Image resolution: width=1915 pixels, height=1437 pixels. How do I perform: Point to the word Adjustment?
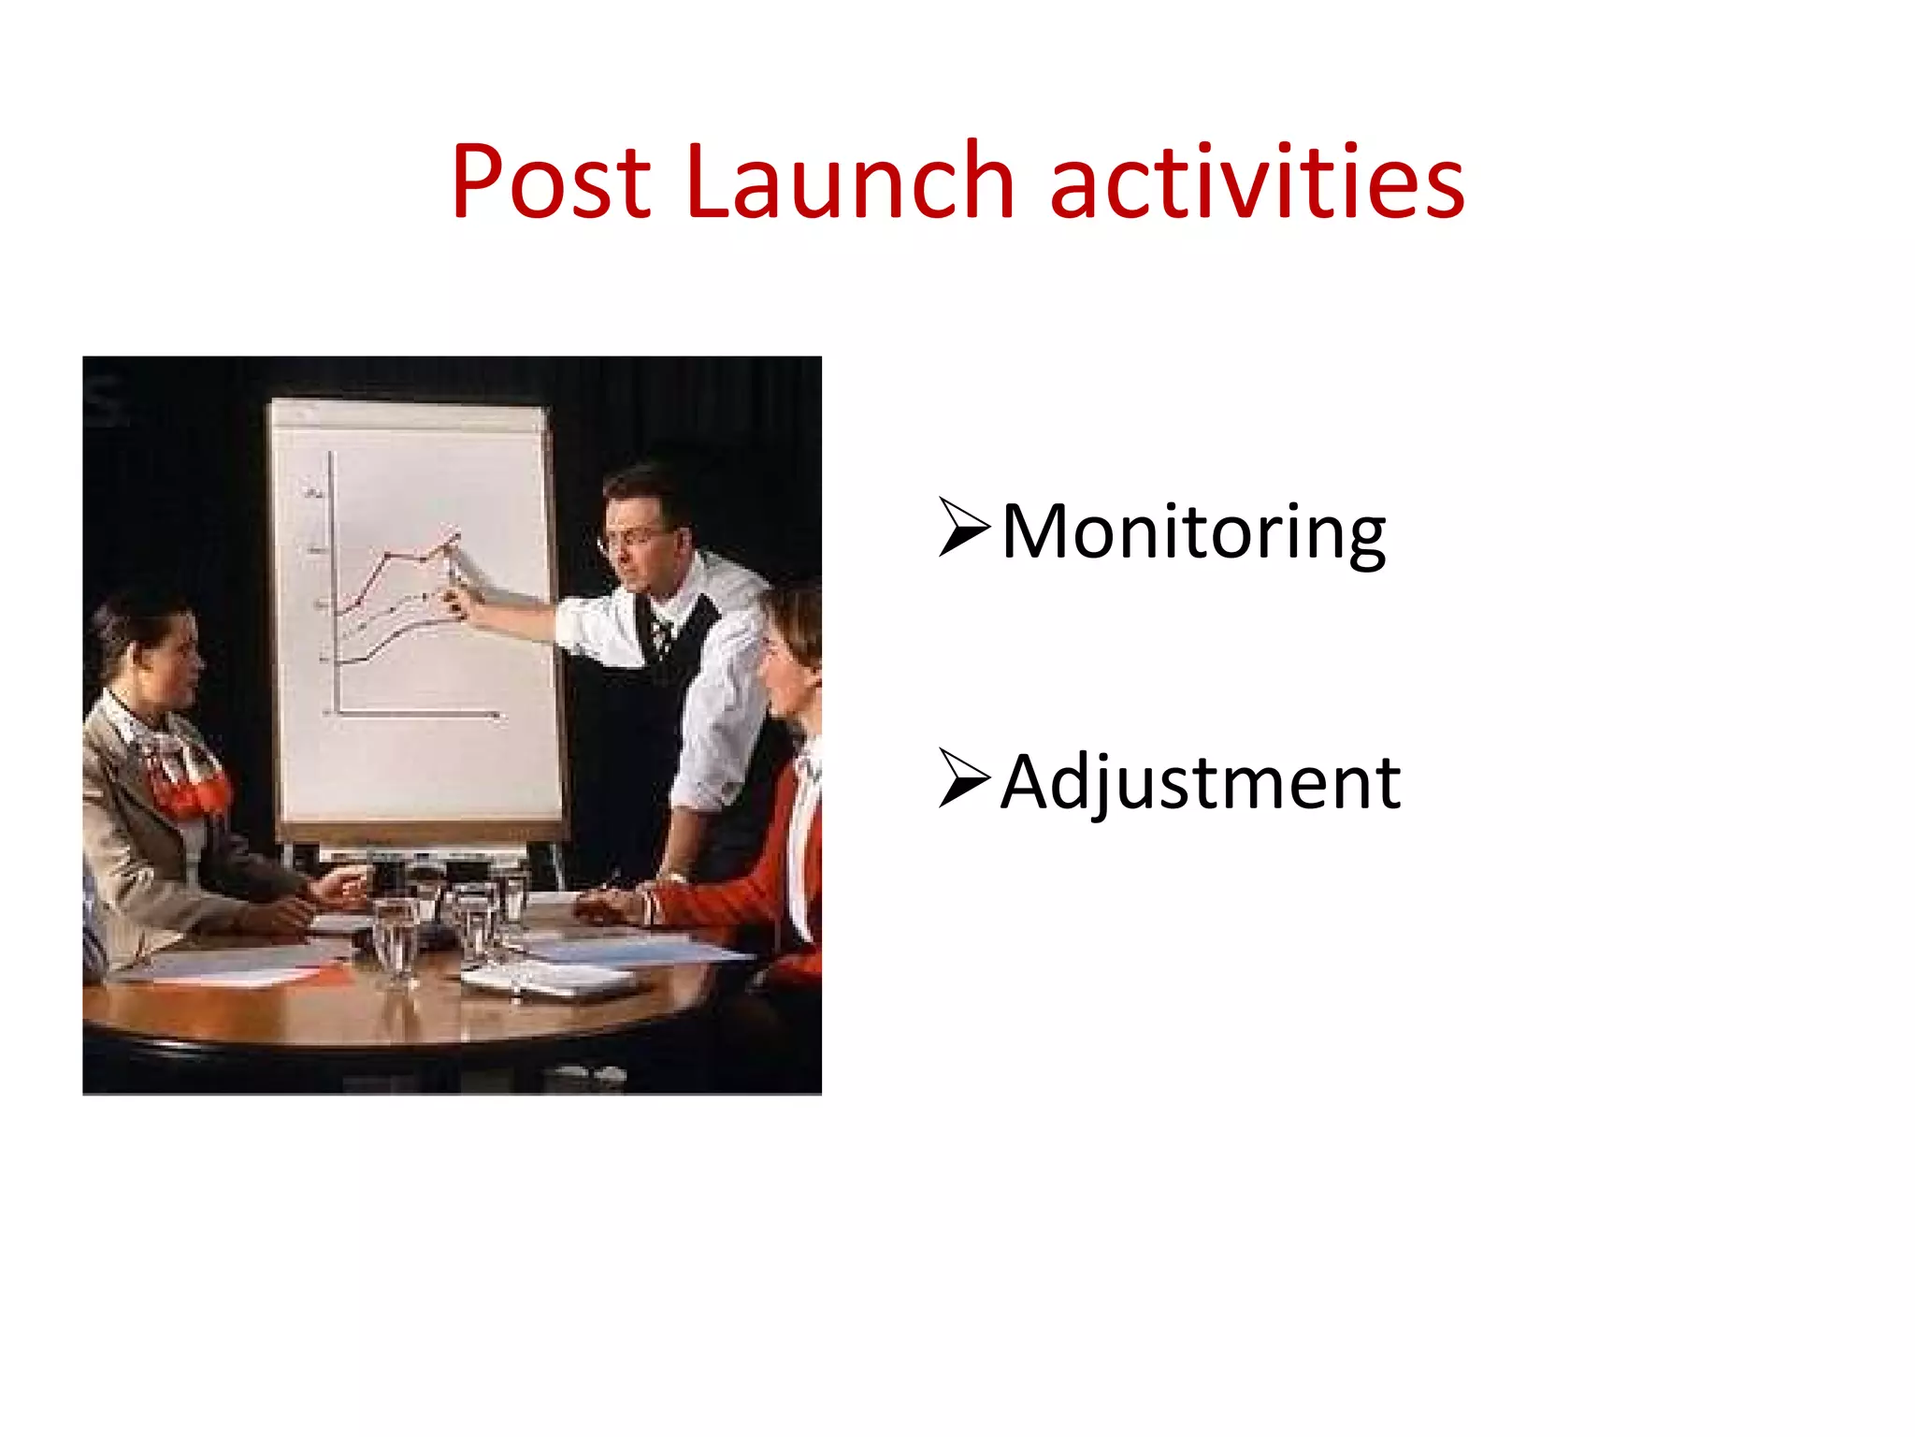click(1201, 782)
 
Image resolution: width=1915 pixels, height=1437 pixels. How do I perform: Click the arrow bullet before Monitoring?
click(963, 529)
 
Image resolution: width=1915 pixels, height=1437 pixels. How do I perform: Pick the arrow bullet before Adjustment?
click(963, 778)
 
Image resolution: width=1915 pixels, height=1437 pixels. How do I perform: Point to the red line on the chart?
click(393, 561)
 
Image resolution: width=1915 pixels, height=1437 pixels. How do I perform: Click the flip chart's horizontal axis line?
click(416, 715)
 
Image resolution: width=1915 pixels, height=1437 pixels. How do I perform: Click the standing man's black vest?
click(645, 730)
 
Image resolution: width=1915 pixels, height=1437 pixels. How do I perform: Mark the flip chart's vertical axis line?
click(333, 580)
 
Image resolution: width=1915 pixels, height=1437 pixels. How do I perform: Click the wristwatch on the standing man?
click(670, 877)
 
